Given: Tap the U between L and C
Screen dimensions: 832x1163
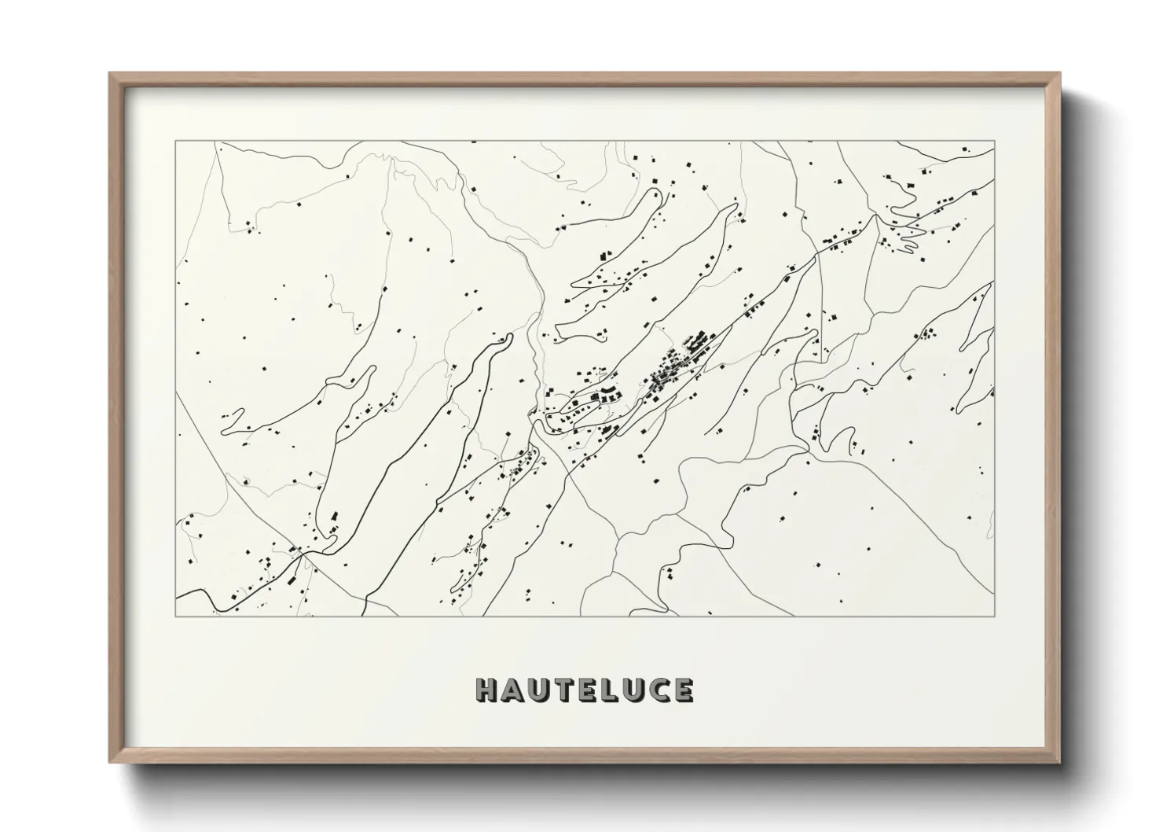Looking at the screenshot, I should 633,690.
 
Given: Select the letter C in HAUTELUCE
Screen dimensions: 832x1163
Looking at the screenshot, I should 658,690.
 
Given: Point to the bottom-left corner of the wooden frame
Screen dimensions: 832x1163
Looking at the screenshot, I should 110,762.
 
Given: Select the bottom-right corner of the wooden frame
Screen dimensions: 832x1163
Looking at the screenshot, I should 1060,762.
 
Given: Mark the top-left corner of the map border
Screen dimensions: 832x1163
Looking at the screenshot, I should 176,142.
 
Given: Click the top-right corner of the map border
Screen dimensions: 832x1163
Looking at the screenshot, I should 995,142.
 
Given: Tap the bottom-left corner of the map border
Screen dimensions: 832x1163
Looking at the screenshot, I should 176,616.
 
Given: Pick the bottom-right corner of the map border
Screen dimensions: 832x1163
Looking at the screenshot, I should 995,616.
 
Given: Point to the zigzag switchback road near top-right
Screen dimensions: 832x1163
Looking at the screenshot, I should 904,224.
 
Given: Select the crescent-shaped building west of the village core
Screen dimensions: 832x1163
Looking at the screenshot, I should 608,392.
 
